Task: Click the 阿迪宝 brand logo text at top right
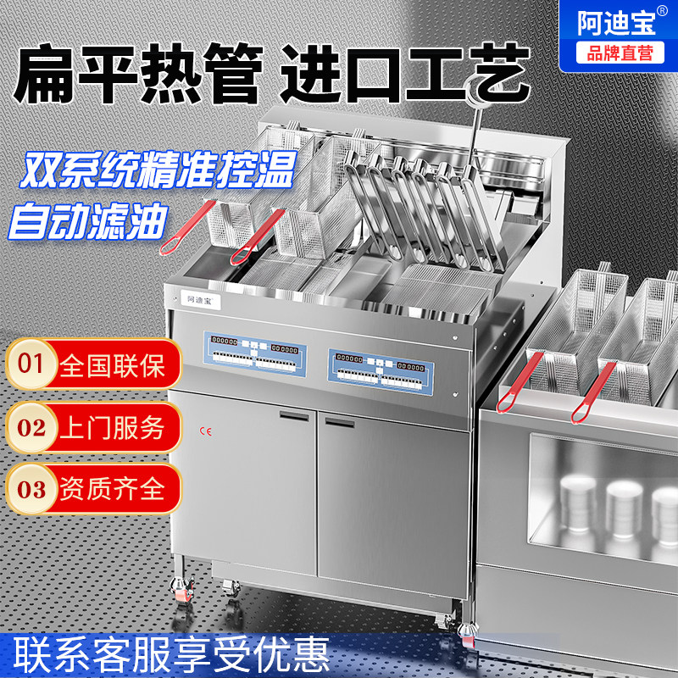point(616,21)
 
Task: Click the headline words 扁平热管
point(139,73)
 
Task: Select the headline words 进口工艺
point(405,73)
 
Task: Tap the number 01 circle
point(31,364)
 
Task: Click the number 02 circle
point(31,427)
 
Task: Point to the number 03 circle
point(31,488)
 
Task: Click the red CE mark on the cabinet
point(204,431)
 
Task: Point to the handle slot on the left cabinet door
point(292,417)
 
